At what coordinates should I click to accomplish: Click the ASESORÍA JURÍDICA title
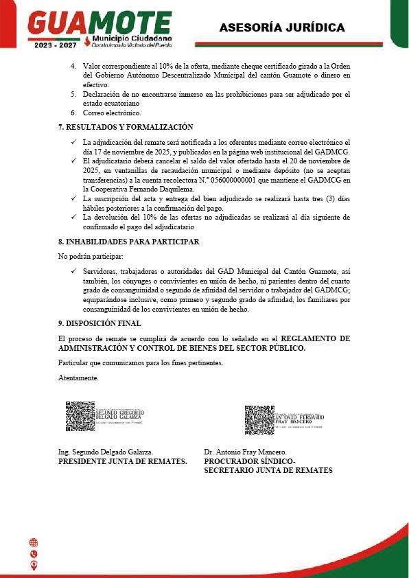[x=281, y=27]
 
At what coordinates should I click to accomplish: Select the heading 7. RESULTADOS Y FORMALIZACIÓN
[x=126, y=127]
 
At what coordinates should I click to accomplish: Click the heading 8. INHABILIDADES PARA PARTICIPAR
[x=129, y=242]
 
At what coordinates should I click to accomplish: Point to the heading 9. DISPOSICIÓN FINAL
[x=100, y=323]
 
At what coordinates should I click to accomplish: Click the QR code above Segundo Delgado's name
[x=80, y=416]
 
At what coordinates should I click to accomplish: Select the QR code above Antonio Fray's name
[x=259, y=419]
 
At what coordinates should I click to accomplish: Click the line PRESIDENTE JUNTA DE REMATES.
[x=123, y=462]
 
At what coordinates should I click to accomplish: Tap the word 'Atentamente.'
[x=79, y=378]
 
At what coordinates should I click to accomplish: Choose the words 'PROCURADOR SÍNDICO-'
[x=249, y=462]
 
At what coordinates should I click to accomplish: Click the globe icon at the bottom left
[x=34, y=542]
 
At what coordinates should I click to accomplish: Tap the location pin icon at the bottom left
[x=34, y=565]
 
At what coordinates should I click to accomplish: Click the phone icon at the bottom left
[x=34, y=554]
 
